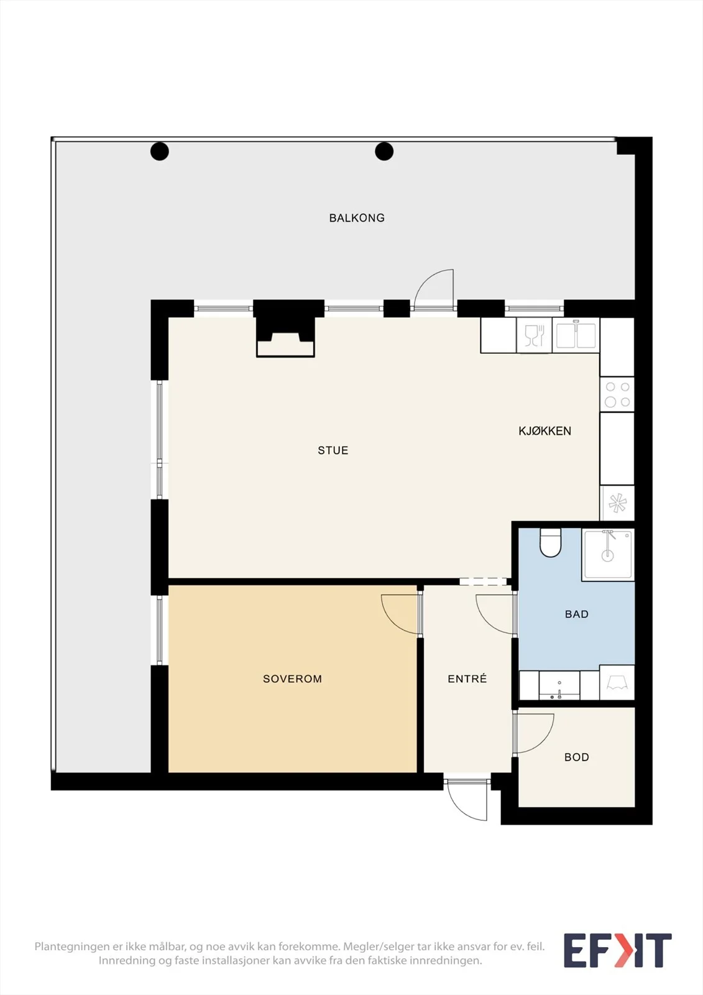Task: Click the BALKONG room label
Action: pyautogui.click(x=357, y=218)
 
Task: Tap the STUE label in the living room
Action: pyautogui.click(x=333, y=450)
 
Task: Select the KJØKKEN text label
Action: pyautogui.click(x=545, y=431)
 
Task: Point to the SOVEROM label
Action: pyautogui.click(x=292, y=678)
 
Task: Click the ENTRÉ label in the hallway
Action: pyautogui.click(x=467, y=678)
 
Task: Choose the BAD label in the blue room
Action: pyautogui.click(x=576, y=614)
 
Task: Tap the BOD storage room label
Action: pyautogui.click(x=576, y=757)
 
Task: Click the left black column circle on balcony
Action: pyautogui.click(x=159, y=151)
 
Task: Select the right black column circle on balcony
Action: pyautogui.click(x=384, y=151)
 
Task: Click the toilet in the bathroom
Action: pyautogui.click(x=551, y=542)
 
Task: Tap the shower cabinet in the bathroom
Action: pyautogui.click(x=607, y=555)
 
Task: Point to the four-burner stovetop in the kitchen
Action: pyautogui.click(x=617, y=394)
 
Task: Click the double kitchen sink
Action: pyautogui.click(x=576, y=335)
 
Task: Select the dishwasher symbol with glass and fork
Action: pyautogui.click(x=535, y=335)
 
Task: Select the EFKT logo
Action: pyautogui.click(x=618, y=951)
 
